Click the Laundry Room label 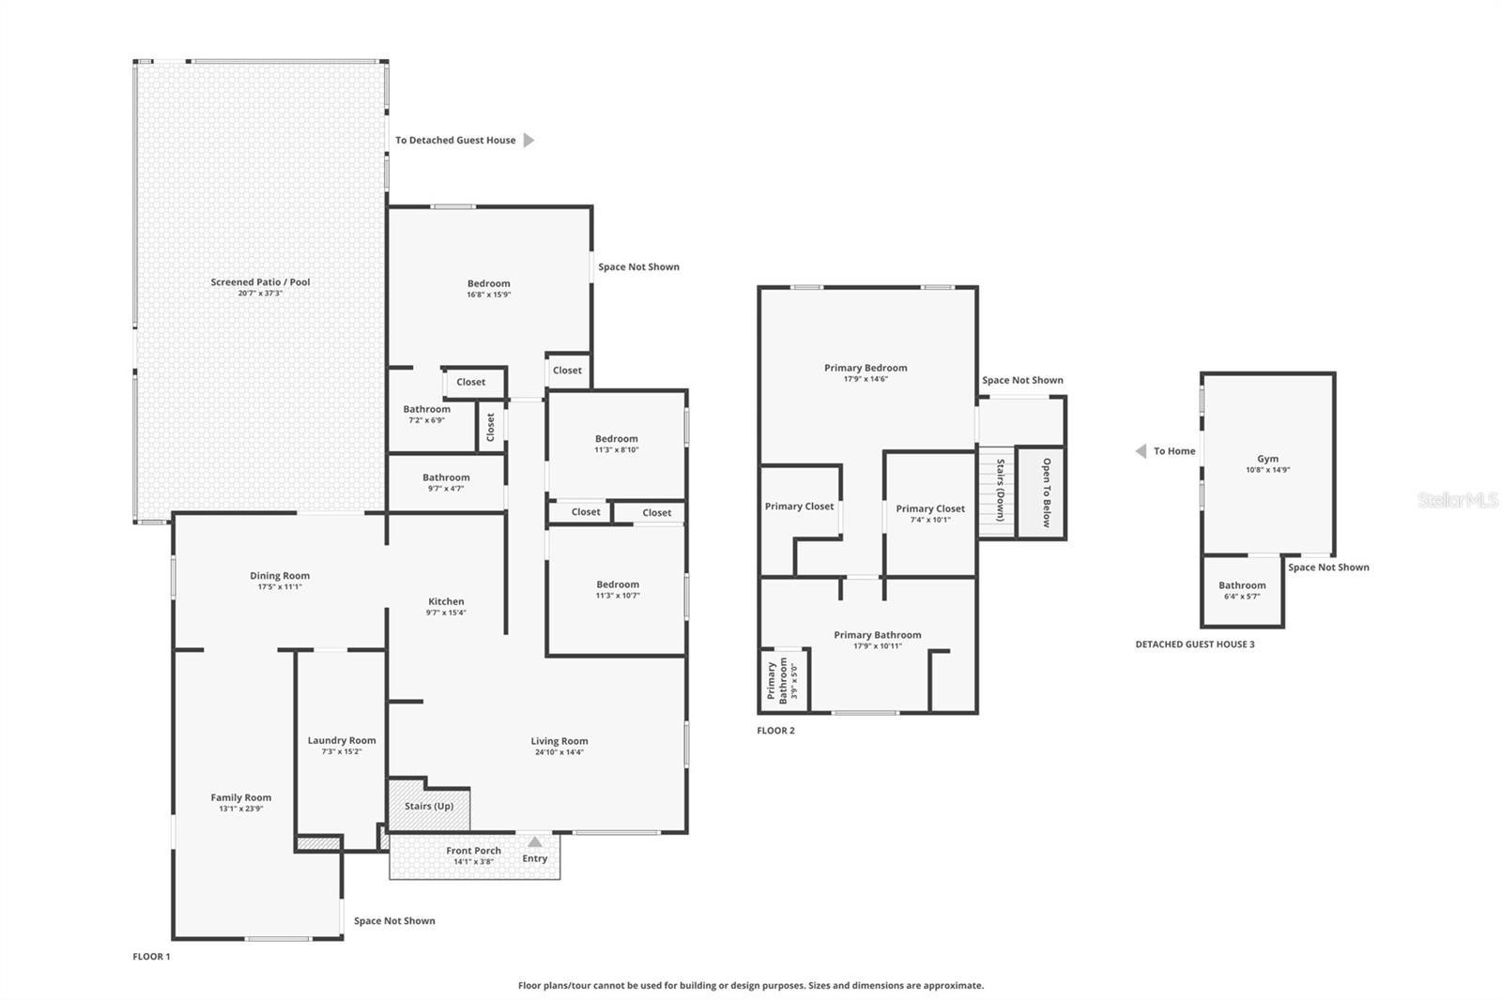pos(341,740)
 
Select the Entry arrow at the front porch pos(535,842)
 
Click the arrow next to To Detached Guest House pos(529,140)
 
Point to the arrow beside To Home pos(1141,451)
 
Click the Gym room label pos(1267,459)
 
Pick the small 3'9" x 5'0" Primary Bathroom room pos(782,680)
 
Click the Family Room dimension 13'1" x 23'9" pos(240,809)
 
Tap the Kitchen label pos(446,601)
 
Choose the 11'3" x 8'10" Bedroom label pos(616,438)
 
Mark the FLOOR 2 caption pos(775,731)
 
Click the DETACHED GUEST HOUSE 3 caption pos(1194,644)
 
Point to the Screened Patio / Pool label pos(260,281)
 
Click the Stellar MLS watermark pos(1457,500)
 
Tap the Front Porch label pos(473,851)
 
